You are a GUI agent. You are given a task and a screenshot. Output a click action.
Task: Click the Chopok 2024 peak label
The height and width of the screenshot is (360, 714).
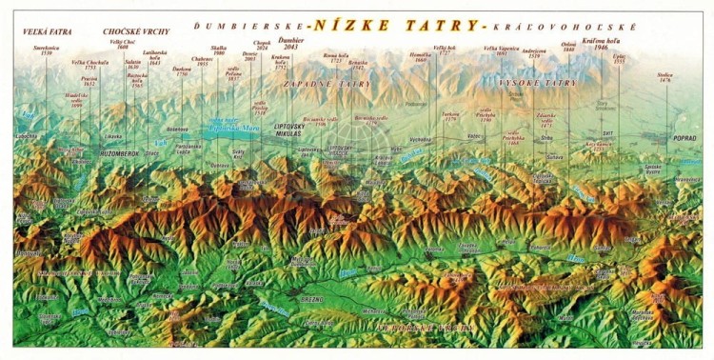click(263, 46)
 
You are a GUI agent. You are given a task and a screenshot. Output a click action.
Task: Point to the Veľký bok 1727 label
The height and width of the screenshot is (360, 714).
click(445, 49)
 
